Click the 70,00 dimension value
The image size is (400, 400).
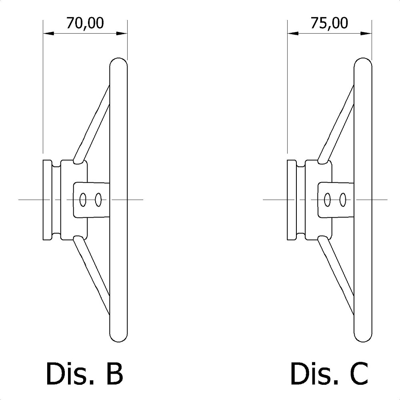85,23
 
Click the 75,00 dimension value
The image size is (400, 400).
329,23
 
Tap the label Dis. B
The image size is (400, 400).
84,373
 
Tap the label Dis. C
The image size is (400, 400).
329,373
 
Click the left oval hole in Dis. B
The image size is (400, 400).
83,199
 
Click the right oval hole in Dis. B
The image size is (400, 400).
98,199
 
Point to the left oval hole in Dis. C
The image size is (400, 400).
328,199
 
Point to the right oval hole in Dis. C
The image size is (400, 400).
343,199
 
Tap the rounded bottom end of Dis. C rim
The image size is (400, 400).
363,337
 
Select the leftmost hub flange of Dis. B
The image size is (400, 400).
48,200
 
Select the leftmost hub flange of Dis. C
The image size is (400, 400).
292,200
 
